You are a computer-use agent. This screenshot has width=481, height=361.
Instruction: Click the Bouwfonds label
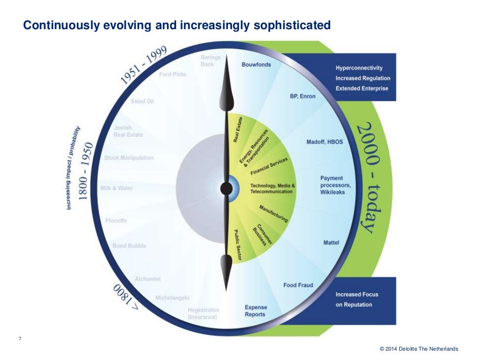click(256, 64)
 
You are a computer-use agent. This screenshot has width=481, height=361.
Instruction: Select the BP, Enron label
click(303, 96)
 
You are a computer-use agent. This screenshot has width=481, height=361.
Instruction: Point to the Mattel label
click(331, 243)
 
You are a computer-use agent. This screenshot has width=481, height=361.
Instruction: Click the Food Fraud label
click(298, 285)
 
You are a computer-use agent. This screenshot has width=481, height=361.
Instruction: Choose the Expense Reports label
click(255, 311)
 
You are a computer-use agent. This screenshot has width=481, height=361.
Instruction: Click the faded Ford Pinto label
click(172, 74)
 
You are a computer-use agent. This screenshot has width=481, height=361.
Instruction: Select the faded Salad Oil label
click(142, 101)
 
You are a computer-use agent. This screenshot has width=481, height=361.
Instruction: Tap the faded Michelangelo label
click(172, 298)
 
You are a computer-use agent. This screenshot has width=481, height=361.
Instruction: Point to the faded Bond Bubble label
click(129, 246)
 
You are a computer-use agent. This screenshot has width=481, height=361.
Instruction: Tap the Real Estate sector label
click(238, 129)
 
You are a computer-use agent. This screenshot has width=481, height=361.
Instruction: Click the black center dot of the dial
click(226, 188)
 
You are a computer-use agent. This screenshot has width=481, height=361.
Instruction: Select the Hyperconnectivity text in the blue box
click(359, 68)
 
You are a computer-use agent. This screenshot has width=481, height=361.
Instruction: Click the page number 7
click(20, 339)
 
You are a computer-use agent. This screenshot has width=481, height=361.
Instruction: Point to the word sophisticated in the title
click(293, 25)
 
